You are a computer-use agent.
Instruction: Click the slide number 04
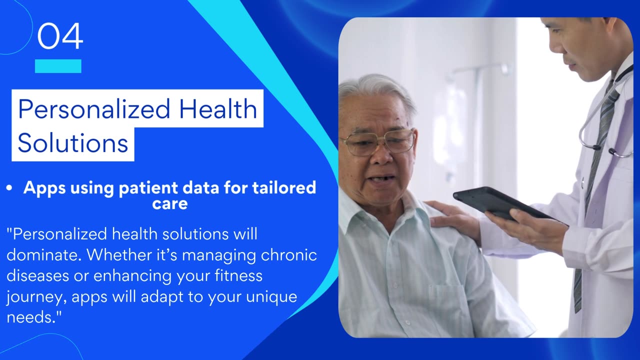(x=60, y=36)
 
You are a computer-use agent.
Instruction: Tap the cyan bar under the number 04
(x=58, y=66)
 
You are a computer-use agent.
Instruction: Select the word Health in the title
(x=218, y=108)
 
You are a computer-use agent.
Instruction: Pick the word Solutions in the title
(x=73, y=143)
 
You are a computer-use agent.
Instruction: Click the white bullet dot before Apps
(x=9, y=187)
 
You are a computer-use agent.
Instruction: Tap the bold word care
(x=169, y=204)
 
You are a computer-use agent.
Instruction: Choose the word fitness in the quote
(x=238, y=275)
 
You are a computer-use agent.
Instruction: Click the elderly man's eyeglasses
(x=377, y=142)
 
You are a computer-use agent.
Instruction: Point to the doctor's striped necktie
(x=593, y=185)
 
